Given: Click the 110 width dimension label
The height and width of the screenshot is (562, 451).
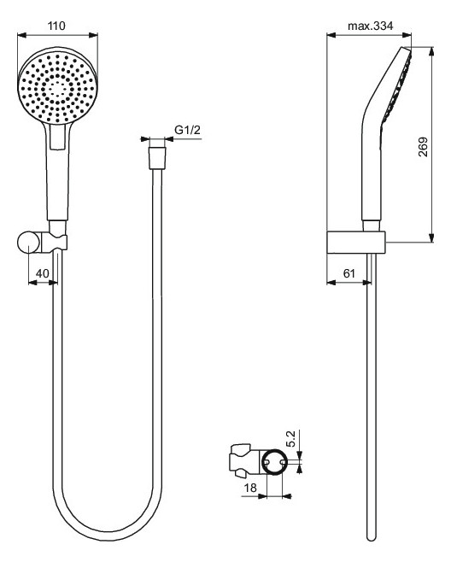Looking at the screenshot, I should (x=57, y=26).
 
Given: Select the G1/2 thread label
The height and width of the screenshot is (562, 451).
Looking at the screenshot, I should (x=187, y=130).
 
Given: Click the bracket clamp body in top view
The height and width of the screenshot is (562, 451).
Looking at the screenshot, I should (x=243, y=460).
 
